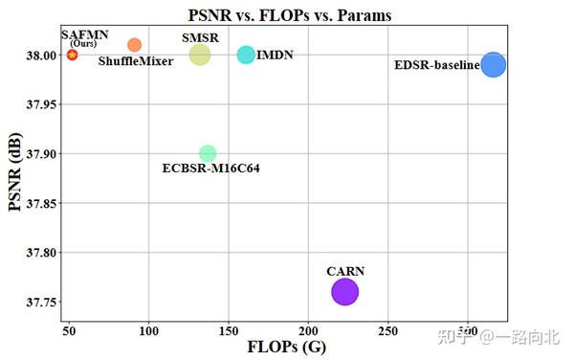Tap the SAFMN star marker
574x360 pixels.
(x=73, y=55)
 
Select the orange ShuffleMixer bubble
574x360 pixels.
(x=134, y=45)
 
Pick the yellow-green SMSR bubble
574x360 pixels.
(x=199, y=55)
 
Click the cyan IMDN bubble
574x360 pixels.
(x=246, y=55)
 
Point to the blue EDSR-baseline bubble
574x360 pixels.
(x=494, y=64)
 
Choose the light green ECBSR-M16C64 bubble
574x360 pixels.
(x=208, y=153)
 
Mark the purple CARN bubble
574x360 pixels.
(x=344, y=292)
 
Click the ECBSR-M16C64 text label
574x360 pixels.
(x=211, y=169)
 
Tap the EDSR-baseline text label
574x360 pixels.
(x=436, y=65)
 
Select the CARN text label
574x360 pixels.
(x=345, y=271)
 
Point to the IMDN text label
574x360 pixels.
(x=276, y=56)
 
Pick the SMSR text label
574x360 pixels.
(x=200, y=37)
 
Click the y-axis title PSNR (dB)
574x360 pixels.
(x=14, y=174)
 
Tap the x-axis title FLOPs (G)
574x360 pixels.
(x=288, y=347)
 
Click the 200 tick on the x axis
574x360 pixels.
(x=307, y=330)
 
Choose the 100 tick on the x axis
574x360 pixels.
(x=148, y=330)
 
